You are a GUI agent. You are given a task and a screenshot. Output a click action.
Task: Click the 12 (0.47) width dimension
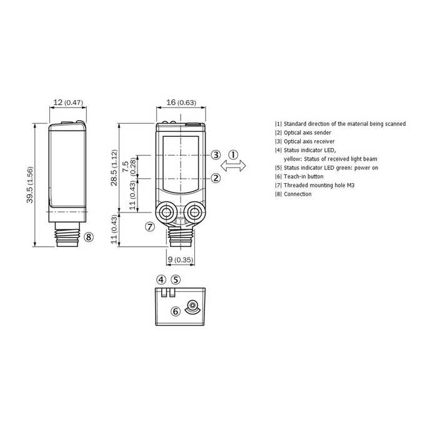coord(68,102)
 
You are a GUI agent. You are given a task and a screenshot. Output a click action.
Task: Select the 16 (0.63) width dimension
coord(181,102)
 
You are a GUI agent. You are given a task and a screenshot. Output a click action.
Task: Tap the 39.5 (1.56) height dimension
coord(30,185)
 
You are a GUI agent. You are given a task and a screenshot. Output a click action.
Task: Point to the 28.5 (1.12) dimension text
coord(114,167)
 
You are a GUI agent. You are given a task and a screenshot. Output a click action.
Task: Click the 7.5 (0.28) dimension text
coord(129,166)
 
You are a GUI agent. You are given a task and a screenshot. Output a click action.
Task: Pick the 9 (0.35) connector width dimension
coord(180,259)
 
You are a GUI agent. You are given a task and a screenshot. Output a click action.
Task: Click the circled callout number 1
coord(233,155)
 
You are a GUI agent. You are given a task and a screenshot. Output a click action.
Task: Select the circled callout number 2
coord(216,178)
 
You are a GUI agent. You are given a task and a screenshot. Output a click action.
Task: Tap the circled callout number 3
coord(216,155)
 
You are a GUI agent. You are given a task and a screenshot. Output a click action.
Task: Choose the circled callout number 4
coord(161,279)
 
